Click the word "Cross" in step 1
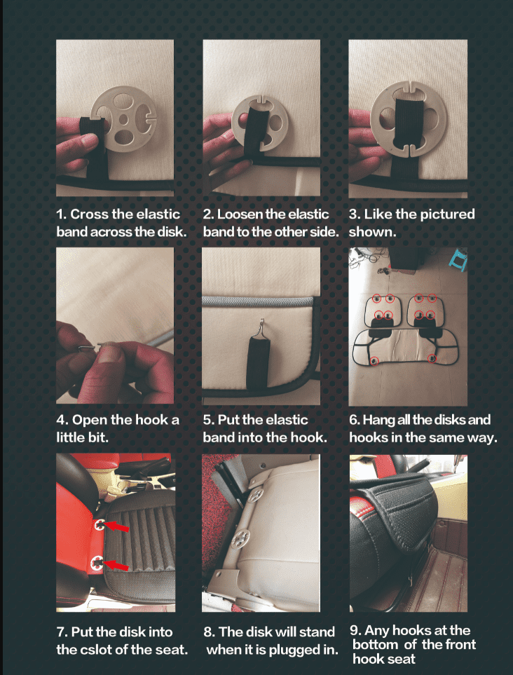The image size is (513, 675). click(89, 214)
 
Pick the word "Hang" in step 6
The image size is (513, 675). click(379, 420)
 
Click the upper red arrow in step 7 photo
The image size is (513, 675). click(116, 526)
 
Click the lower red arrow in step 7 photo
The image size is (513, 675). click(116, 564)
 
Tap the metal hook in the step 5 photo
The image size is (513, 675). click(261, 329)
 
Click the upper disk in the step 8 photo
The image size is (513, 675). click(256, 495)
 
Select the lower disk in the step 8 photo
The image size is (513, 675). click(240, 538)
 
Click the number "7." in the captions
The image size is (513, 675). click(62, 632)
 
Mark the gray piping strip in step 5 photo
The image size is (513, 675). click(258, 301)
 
